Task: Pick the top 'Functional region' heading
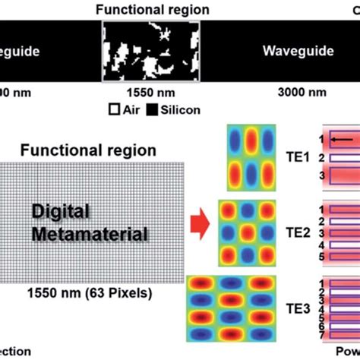click(151, 10)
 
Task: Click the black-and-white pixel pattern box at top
click(151, 49)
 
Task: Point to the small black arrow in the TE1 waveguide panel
click(340, 140)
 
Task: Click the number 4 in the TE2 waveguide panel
click(321, 246)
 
